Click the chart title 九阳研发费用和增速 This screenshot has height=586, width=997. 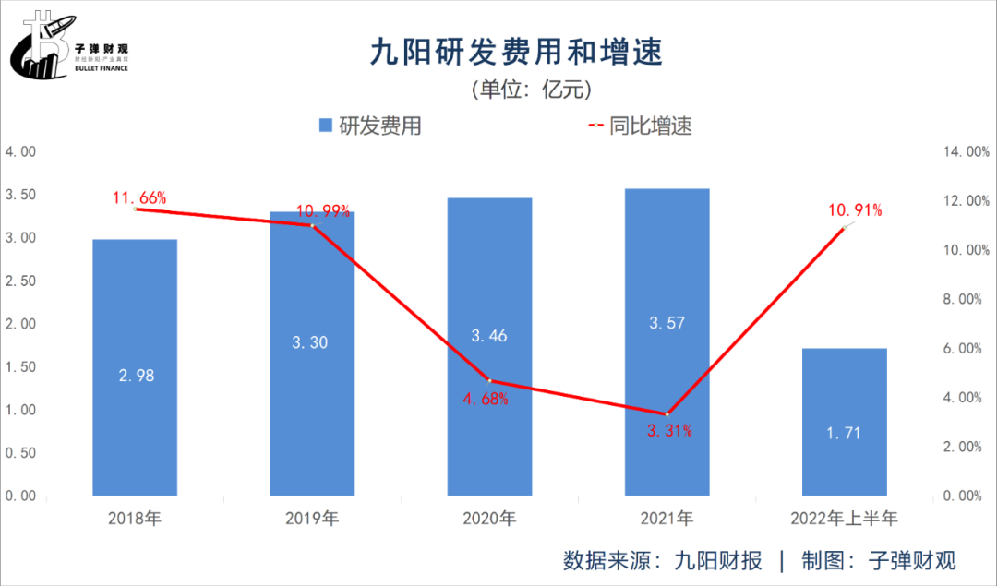[515, 51]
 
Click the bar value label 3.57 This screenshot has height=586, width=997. [667, 322]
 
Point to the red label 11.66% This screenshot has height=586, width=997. [139, 197]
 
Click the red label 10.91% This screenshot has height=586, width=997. [855, 210]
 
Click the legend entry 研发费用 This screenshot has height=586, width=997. [369, 126]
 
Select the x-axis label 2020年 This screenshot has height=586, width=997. [489, 519]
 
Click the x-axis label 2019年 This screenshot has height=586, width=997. [312, 519]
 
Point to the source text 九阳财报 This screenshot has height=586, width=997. [719, 560]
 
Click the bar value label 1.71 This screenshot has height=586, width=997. [844, 432]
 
